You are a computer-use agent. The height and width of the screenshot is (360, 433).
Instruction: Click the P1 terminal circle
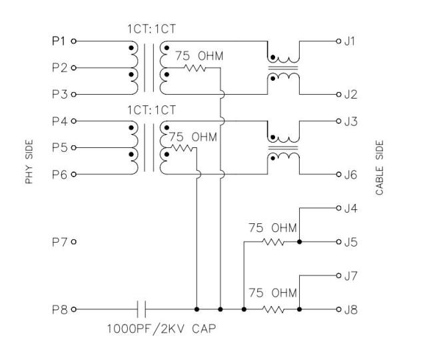(x=73, y=41)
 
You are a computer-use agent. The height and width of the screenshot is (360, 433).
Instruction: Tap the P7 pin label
(x=60, y=242)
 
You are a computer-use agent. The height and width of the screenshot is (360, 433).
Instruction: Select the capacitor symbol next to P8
(x=141, y=309)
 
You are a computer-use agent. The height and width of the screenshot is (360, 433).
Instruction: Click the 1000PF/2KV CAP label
(x=161, y=329)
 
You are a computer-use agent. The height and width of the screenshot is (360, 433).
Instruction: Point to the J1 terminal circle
(x=339, y=41)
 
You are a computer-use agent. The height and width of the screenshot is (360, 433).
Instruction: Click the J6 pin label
(x=350, y=175)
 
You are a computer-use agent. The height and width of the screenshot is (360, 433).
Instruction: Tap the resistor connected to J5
(x=273, y=242)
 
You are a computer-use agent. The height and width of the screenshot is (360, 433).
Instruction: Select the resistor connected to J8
(x=273, y=309)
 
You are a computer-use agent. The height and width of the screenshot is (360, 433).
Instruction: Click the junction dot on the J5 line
(x=299, y=242)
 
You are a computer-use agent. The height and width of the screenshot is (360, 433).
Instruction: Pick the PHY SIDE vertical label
(x=29, y=161)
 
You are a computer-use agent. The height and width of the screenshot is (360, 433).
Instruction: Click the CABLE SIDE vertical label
(x=380, y=168)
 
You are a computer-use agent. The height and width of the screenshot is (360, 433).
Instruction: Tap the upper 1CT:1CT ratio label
(x=151, y=29)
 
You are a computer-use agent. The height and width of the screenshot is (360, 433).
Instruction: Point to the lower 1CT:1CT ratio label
(x=151, y=110)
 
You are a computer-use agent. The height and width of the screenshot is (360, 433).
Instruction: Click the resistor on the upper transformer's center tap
(x=195, y=68)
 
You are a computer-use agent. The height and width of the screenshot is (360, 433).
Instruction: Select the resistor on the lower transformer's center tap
(x=182, y=148)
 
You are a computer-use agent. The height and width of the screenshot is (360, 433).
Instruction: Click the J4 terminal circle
(x=339, y=208)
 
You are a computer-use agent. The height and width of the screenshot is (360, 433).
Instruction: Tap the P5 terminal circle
(x=73, y=148)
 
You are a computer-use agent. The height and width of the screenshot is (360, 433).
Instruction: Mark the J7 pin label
(x=350, y=276)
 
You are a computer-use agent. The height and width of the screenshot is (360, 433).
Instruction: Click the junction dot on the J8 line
(x=299, y=309)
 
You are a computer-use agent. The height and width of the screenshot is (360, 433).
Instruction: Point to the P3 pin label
(x=60, y=95)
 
